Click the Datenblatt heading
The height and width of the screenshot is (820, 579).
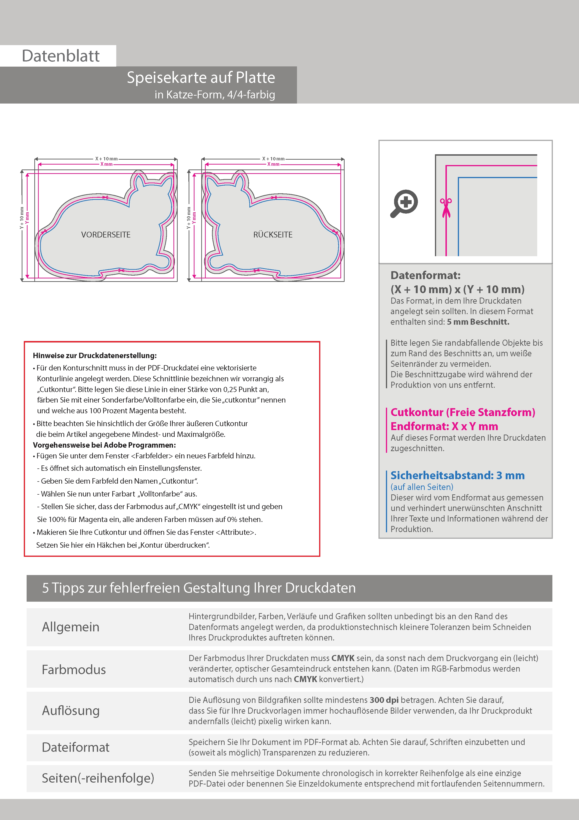61,56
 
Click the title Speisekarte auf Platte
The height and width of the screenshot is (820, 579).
201,78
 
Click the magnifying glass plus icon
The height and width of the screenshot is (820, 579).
404,203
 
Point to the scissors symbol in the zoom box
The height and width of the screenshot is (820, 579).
446,207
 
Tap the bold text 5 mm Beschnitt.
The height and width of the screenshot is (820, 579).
478,322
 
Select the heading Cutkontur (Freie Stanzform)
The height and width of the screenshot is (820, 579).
463,412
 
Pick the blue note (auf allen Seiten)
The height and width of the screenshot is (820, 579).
422,487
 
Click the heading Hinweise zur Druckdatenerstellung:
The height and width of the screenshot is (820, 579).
95,355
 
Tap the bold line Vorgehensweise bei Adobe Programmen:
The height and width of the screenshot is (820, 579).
104,445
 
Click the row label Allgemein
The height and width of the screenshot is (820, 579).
71,627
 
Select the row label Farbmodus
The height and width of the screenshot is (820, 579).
74,669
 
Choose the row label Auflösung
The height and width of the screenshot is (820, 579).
71,710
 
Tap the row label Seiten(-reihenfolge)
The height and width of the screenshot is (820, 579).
98,778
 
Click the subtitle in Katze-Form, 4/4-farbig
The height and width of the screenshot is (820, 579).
215,95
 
